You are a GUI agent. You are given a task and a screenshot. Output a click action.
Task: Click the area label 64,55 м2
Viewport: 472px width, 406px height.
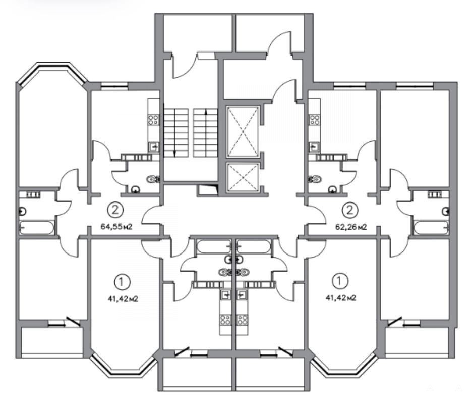116,226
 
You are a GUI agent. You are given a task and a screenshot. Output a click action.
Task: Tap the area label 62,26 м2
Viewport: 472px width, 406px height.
351,227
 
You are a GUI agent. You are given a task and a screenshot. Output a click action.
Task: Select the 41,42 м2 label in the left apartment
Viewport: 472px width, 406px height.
123,299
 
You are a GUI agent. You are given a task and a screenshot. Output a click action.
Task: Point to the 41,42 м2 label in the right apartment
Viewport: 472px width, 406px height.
341,298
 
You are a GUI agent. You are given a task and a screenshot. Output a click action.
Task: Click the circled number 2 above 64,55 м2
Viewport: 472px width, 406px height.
115,210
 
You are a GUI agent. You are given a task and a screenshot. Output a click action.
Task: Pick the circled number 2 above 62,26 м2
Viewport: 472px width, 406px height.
350,210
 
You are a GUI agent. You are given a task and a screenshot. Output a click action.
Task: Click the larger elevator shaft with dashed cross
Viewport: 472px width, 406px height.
243,131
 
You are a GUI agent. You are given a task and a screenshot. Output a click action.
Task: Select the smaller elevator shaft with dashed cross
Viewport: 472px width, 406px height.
243,177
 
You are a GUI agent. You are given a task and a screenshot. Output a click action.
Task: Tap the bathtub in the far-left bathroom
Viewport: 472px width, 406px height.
37,228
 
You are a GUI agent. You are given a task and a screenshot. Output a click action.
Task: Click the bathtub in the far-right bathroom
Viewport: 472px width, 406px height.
431,228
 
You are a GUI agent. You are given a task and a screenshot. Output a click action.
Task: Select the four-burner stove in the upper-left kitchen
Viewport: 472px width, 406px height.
153,120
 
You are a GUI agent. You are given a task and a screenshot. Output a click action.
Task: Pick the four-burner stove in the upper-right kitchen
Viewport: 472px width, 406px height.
315,120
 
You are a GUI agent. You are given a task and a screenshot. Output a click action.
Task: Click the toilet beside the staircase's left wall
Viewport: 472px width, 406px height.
153,179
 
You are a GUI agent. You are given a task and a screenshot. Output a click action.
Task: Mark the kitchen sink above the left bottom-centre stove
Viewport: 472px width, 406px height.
226,294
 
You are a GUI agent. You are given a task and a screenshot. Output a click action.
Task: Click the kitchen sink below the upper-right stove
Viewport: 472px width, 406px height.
314,147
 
